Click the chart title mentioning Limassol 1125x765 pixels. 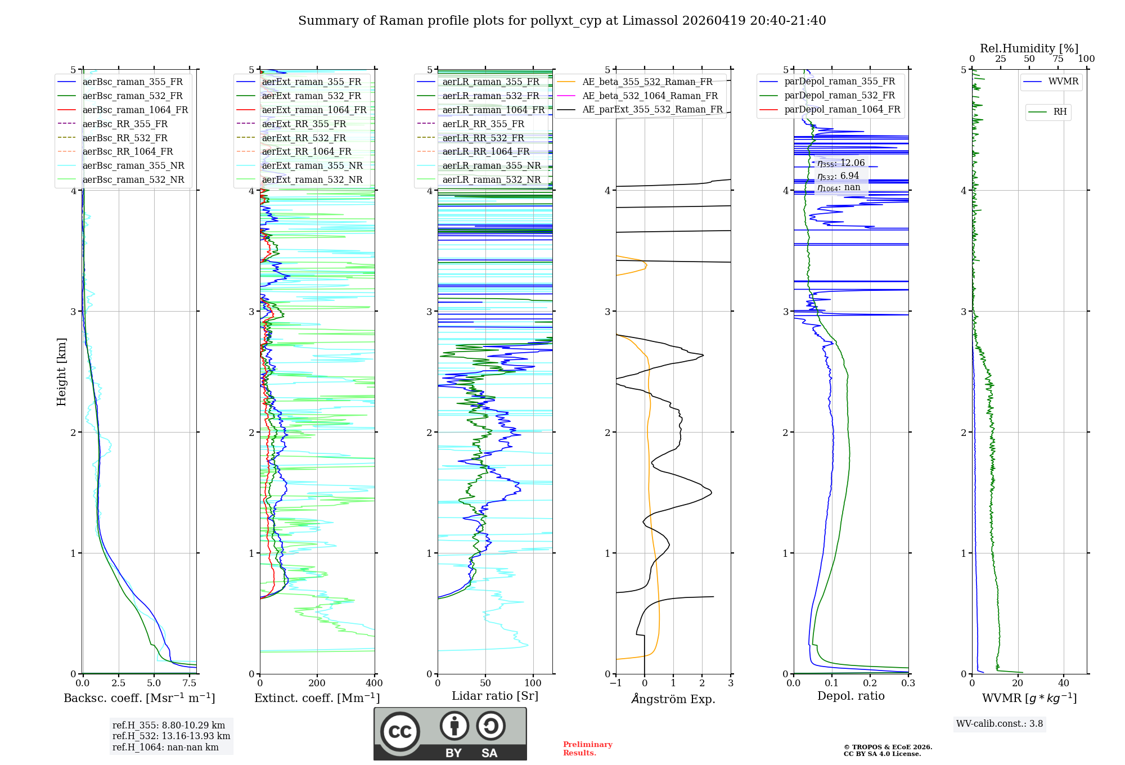tap(562, 21)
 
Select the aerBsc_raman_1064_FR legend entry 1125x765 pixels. tap(135, 110)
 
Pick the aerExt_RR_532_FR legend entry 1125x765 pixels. tap(304, 138)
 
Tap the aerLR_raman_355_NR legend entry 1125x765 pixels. tap(491, 165)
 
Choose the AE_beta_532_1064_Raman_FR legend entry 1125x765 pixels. tap(650, 96)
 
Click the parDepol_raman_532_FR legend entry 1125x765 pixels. tap(839, 95)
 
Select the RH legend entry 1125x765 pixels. tap(1060, 112)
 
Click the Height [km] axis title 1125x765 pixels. tap(61, 372)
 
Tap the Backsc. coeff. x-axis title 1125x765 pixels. tap(139, 698)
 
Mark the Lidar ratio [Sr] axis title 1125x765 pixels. tap(495, 696)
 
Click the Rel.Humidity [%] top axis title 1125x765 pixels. tap(1029, 48)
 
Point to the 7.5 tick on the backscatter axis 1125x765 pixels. tap(190, 683)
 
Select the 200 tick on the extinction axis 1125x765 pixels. tap(317, 683)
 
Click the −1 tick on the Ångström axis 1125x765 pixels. tap(616, 683)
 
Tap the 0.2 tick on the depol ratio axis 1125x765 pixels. tap(870, 683)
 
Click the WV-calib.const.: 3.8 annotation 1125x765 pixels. tap(1000, 724)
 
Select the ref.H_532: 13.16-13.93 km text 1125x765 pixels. tap(171, 736)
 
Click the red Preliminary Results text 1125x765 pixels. tap(587, 749)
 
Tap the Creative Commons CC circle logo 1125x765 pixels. tap(400, 731)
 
